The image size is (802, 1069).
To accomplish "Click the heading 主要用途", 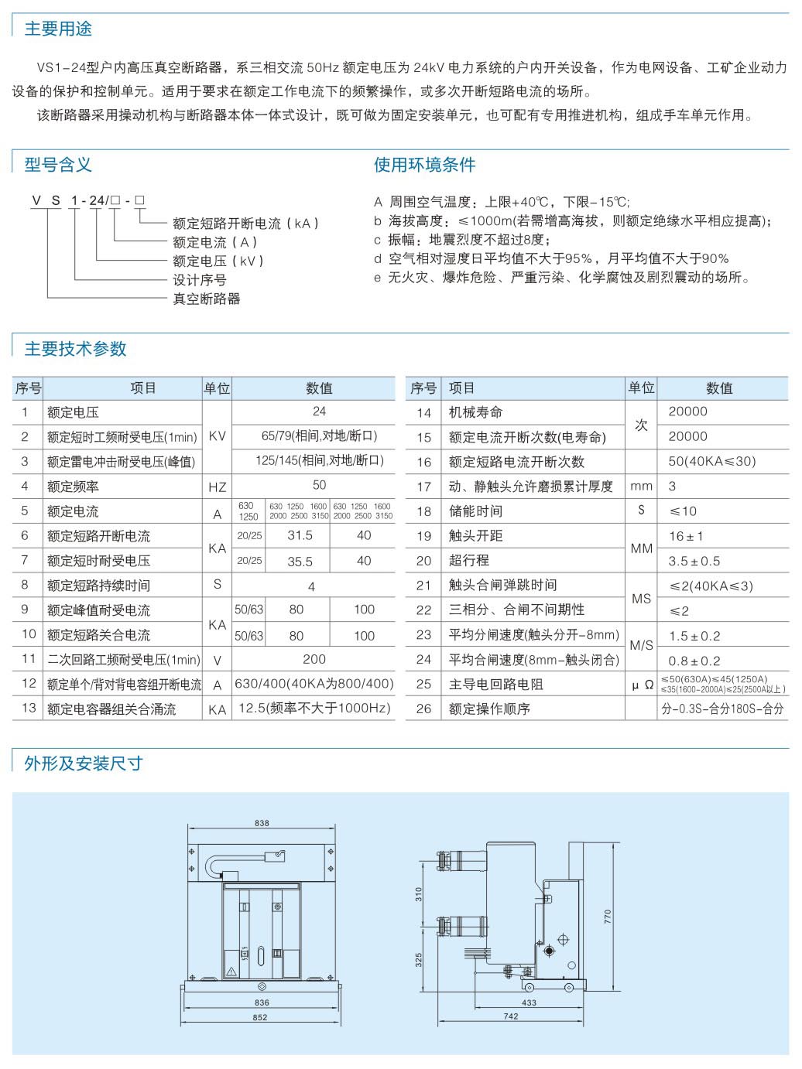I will click(x=58, y=29).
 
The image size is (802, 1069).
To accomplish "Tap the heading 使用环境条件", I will click(x=424, y=165).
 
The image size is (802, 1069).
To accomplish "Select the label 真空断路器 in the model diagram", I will click(x=206, y=299).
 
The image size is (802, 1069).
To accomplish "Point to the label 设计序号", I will click(x=199, y=280).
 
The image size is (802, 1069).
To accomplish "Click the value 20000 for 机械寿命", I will click(x=687, y=412).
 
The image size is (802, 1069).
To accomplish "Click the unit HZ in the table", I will click(x=217, y=487).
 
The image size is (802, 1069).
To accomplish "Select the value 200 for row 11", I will click(x=314, y=659).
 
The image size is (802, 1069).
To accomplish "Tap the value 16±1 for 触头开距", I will click(x=686, y=536).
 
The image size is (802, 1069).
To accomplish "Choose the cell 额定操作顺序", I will click(x=489, y=709).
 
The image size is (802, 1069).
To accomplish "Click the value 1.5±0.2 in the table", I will click(x=694, y=636).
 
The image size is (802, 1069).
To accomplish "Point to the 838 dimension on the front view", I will click(x=262, y=823).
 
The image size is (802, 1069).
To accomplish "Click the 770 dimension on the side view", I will click(x=608, y=917).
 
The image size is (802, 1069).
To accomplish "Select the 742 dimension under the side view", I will click(x=511, y=1016).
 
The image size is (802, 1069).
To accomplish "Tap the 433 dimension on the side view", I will click(x=528, y=1002).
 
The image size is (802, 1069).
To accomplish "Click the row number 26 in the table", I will click(x=423, y=709).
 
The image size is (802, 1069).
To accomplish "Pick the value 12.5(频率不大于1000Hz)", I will click(x=314, y=709).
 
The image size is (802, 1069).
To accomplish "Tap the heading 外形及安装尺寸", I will click(x=84, y=763).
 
